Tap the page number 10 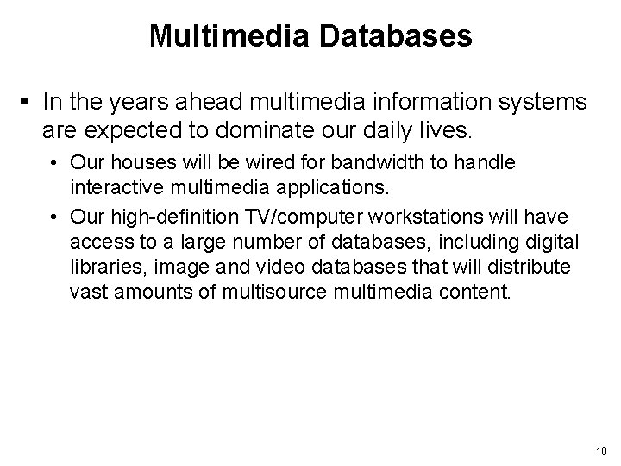click(x=602, y=450)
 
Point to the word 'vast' click(x=86, y=292)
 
